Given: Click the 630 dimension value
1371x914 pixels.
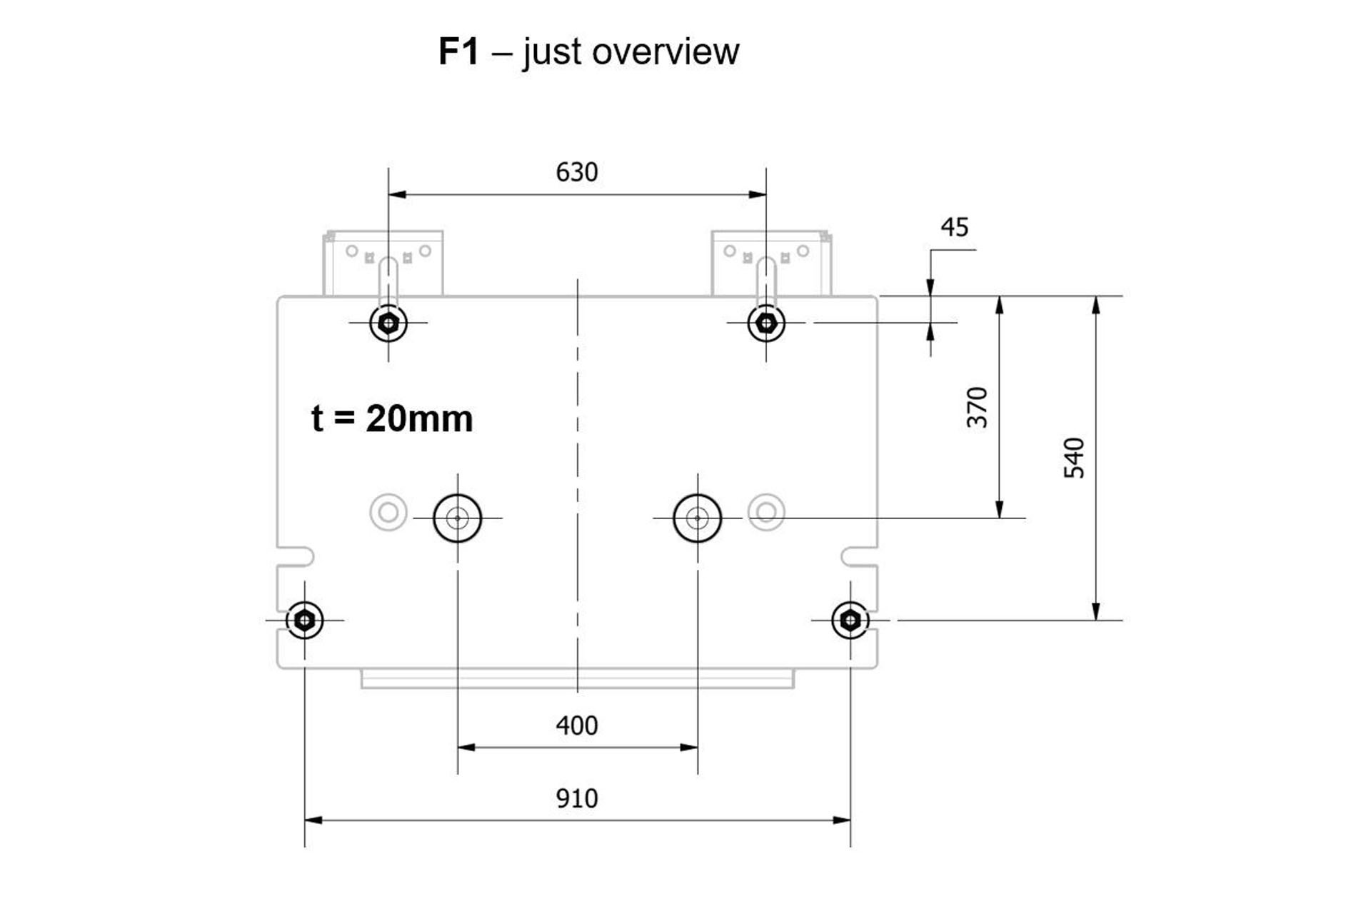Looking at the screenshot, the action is pos(576,172).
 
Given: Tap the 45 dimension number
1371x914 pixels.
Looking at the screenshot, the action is pos(955,227).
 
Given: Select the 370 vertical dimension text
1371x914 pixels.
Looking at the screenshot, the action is pos(977,407).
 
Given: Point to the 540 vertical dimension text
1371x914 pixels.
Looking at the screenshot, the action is pos(1074,458).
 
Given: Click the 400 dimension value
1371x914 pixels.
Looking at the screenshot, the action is pos(576,725).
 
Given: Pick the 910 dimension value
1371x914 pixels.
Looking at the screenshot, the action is pos(576,798).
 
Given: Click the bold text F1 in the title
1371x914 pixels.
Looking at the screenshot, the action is pos(458,51).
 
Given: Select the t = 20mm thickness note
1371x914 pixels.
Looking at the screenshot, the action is pos(392,418).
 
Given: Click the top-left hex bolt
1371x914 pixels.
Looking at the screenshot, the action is pos(388,323).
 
